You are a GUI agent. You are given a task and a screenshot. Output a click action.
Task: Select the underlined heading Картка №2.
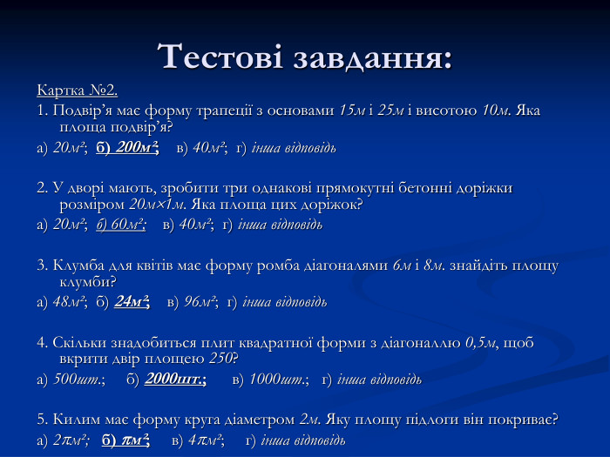[78, 91]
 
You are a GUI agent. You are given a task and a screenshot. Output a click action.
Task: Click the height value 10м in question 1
[495, 111]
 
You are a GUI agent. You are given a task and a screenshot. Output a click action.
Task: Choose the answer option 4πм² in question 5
[206, 439]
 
